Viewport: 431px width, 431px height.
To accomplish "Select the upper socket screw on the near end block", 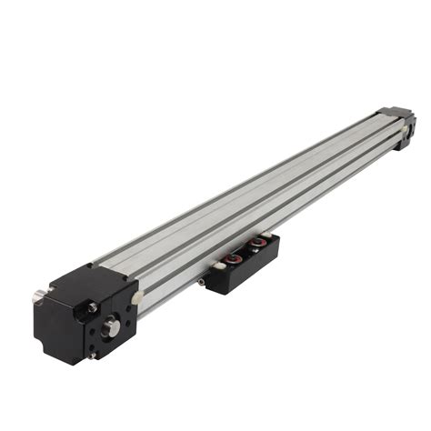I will point(93,307).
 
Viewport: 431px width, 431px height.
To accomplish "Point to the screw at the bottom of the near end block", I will point(94,355).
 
